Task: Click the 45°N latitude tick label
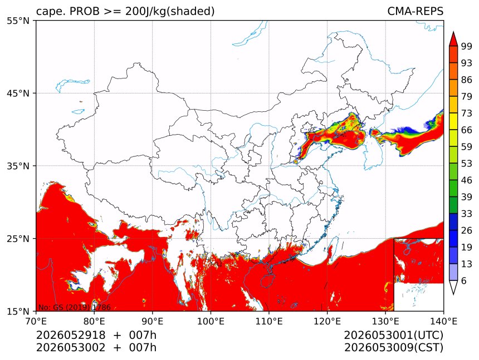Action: coord(18,93)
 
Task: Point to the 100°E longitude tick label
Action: coord(211,321)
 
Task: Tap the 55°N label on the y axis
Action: coord(18,21)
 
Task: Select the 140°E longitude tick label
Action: coord(443,321)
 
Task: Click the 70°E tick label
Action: coord(36,321)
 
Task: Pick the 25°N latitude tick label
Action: coord(18,238)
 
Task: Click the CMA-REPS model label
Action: coord(415,11)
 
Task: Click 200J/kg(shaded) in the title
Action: coord(170,12)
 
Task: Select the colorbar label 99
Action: coord(467,46)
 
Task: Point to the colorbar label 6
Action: coord(464,280)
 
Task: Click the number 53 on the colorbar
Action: coord(467,164)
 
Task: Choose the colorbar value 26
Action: coord(467,230)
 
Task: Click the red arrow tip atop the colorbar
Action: coord(453,32)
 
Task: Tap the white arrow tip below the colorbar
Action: coord(453,294)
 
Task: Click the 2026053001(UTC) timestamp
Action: coord(393,335)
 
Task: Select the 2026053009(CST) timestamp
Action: coord(393,348)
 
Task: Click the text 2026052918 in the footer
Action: coord(71,335)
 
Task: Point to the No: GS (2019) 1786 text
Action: coord(75,307)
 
